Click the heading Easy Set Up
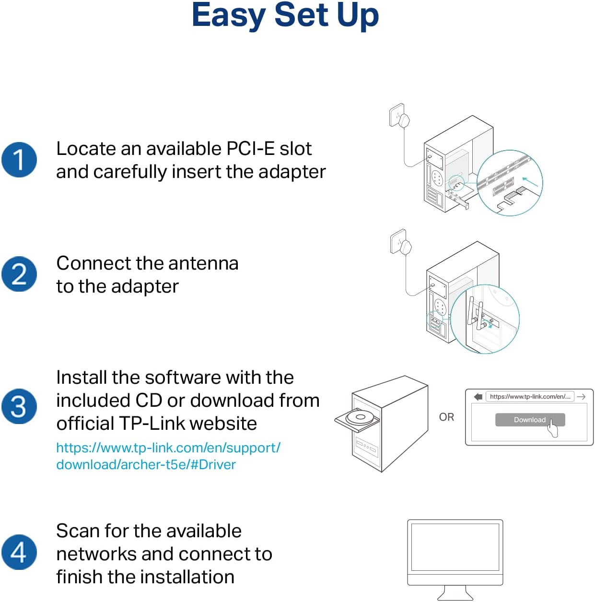coord(285,15)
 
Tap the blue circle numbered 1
coord(19,160)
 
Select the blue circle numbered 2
coord(19,274)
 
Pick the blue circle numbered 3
coord(19,406)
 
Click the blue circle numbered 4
coord(19,552)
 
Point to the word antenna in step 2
coord(203,263)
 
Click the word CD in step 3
coord(149,401)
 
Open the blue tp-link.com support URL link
coord(168,456)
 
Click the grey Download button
coord(529,420)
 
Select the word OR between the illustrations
coord(446,417)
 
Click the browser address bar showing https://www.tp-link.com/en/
coord(530,397)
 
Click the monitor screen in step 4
coord(455,547)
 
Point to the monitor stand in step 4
coord(455,593)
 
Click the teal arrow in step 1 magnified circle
coord(530,182)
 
